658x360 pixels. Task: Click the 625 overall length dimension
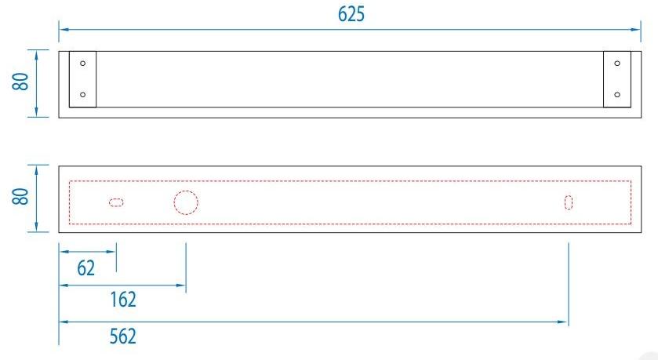click(x=351, y=14)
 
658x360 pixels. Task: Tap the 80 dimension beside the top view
click(x=22, y=82)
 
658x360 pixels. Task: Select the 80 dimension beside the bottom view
click(x=22, y=197)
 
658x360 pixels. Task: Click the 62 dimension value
click(x=85, y=268)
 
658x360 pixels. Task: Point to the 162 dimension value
click(x=122, y=299)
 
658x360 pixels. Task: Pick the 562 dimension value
click(x=122, y=336)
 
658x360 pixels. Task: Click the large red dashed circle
click(x=185, y=202)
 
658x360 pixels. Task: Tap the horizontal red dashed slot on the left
click(x=116, y=203)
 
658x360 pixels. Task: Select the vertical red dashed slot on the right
click(x=569, y=202)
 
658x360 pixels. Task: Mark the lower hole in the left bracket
click(x=83, y=95)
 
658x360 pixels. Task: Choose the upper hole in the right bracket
click(x=617, y=63)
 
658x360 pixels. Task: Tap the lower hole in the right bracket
click(x=617, y=95)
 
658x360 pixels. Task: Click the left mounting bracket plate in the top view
click(x=82, y=78)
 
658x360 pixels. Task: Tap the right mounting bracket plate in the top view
click(x=616, y=78)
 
